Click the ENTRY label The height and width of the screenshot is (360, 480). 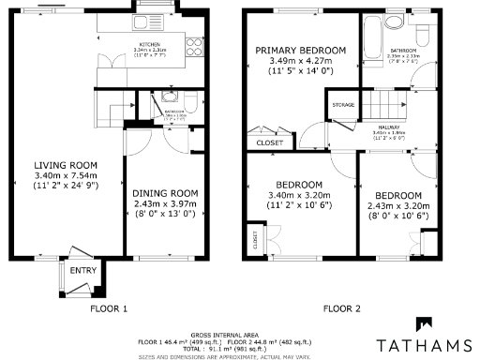click(83, 271)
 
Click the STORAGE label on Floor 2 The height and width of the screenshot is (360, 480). click(343, 105)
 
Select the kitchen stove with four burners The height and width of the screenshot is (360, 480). click(195, 42)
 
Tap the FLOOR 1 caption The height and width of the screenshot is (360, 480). click(108, 307)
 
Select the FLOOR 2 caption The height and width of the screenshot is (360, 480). click(342, 307)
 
